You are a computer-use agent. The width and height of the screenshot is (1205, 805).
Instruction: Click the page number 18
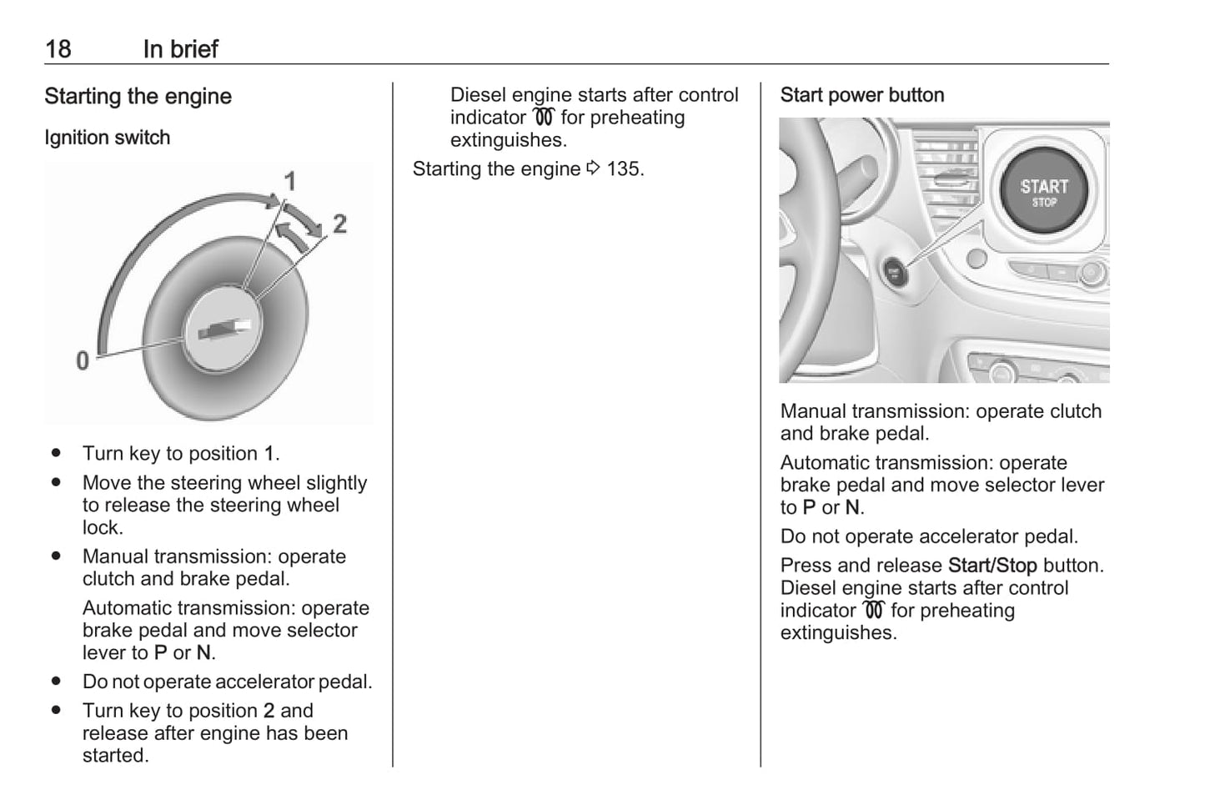(x=58, y=49)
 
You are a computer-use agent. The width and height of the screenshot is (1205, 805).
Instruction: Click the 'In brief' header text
(x=180, y=49)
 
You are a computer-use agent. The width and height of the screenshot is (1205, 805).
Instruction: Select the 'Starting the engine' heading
(x=138, y=97)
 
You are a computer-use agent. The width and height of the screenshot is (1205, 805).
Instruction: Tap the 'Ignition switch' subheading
(x=107, y=138)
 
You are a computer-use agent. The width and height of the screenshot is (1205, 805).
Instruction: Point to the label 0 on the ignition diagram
(x=83, y=361)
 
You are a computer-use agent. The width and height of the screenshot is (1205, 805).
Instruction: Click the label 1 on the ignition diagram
(x=289, y=181)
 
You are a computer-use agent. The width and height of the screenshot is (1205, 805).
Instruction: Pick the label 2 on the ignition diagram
(x=339, y=224)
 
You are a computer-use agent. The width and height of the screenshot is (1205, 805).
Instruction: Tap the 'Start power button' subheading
(x=861, y=95)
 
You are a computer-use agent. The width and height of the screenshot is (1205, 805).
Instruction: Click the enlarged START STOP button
(x=1044, y=192)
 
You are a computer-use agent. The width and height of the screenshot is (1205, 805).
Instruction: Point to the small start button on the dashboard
(x=895, y=272)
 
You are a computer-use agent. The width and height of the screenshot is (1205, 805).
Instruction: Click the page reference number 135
(x=624, y=169)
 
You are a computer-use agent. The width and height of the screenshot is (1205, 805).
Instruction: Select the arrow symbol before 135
(x=593, y=169)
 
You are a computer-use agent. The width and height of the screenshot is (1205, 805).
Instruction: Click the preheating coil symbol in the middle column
(x=544, y=118)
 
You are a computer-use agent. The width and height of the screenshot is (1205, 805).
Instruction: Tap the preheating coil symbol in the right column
(x=873, y=611)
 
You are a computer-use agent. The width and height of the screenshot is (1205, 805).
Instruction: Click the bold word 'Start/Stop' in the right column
(x=992, y=566)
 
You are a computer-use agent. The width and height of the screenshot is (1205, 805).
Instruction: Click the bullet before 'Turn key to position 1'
(x=56, y=453)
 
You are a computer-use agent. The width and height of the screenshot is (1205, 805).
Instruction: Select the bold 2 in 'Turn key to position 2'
(x=269, y=711)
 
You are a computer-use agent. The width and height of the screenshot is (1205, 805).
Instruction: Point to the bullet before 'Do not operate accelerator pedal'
(x=56, y=682)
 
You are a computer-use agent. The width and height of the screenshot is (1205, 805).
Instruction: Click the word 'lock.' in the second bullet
(x=103, y=527)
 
